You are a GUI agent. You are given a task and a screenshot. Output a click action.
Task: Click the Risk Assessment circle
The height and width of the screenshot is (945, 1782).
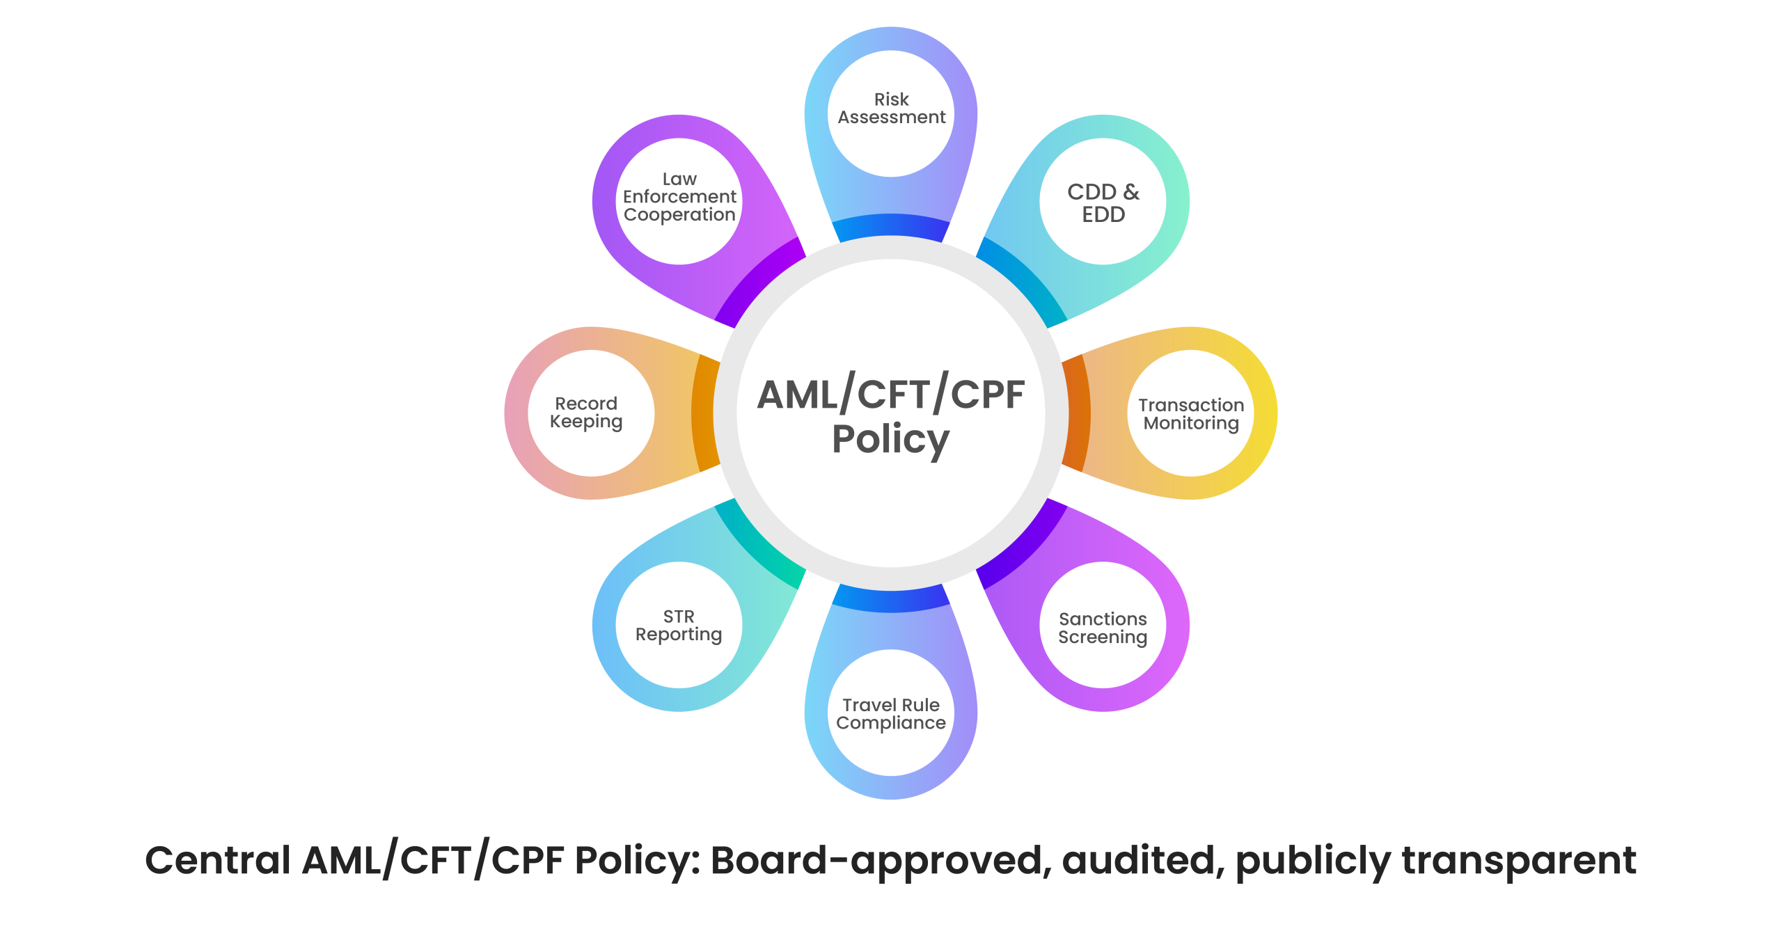[x=891, y=113]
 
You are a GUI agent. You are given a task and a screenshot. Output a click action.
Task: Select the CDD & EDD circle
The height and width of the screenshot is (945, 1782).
[x=1103, y=202]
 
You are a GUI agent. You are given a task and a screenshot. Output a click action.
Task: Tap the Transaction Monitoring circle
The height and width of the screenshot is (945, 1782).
[x=1191, y=413]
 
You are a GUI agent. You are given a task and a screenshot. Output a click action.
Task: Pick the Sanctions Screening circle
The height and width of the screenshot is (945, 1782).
[x=1103, y=626]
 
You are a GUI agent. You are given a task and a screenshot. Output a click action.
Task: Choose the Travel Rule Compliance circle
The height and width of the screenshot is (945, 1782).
[x=891, y=713]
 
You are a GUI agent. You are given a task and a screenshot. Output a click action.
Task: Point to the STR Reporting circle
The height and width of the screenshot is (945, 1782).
[x=679, y=625]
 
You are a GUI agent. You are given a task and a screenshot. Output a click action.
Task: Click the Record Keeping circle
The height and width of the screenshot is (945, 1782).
[x=590, y=413]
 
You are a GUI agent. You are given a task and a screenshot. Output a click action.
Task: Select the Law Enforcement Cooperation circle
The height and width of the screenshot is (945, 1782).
[x=679, y=201]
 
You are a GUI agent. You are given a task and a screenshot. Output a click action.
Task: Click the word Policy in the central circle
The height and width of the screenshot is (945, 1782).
[x=890, y=439]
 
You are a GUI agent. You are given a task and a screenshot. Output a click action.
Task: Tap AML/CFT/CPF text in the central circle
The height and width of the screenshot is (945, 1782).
[x=890, y=395]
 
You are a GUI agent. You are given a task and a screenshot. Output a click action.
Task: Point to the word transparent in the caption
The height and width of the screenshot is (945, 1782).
[x=1518, y=860]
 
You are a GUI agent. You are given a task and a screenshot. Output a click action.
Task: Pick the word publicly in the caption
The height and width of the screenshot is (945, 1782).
[x=1313, y=861]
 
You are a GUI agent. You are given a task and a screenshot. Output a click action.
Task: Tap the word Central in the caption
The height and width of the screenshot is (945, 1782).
[x=217, y=860]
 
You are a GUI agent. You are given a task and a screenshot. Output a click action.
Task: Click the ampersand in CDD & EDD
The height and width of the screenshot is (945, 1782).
[x=1131, y=191]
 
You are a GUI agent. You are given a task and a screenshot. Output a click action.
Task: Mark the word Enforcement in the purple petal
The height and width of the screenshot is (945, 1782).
[x=679, y=197]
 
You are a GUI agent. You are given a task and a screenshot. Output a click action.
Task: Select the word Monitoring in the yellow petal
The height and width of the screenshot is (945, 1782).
[x=1191, y=423]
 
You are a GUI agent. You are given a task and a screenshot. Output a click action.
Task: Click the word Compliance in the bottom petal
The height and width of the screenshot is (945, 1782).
[x=891, y=723]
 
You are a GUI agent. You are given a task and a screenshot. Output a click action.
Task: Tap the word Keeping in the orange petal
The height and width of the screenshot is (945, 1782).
[x=586, y=422]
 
